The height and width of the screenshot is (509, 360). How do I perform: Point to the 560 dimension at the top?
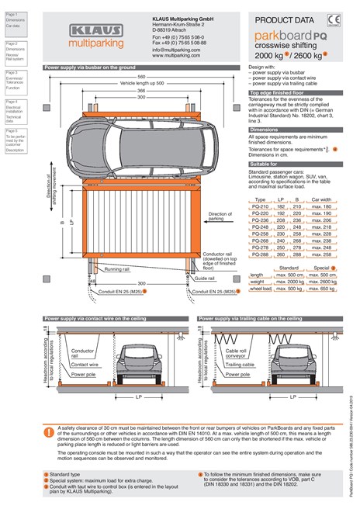(141, 77)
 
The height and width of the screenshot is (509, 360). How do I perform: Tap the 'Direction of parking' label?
(220, 216)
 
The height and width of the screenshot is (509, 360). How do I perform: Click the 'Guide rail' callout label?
(205, 277)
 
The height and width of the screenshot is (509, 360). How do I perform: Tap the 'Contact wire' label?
(84, 363)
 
